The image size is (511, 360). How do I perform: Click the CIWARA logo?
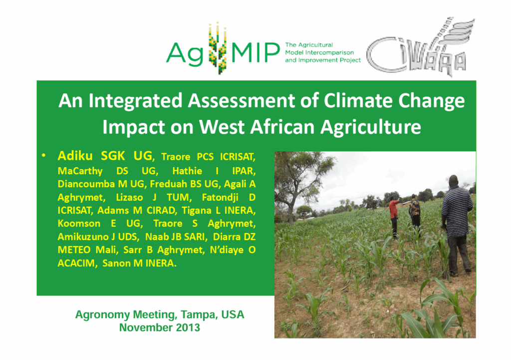click(x=420, y=47)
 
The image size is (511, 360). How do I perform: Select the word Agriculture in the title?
click(x=371, y=127)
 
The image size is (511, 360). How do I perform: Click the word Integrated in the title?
click(x=135, y=101)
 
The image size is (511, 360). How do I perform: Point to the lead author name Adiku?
click(x=75, y=156)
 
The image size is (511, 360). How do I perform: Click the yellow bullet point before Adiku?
click(x=43, y=156)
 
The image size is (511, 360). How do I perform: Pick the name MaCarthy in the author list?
click(x=80, y=171)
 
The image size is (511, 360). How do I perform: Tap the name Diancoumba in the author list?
click(x=86, y=184)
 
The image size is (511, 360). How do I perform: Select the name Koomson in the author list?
click(x=79, y=223)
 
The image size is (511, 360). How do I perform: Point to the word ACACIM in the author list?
click(x=77, y=263)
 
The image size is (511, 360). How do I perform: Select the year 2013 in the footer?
click(x=188, y=328)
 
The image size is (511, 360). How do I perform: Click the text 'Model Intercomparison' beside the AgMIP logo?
click(x=319, y=52)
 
